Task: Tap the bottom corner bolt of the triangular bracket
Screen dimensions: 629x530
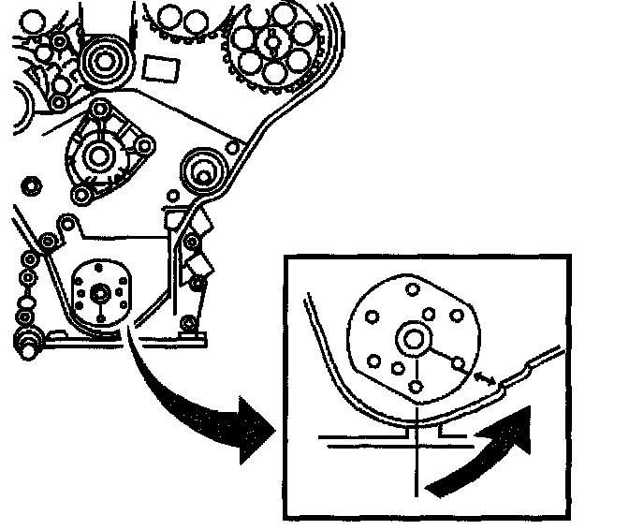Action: [x=80, y=194]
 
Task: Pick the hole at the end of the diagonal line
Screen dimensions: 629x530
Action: [x=459, y=361]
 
